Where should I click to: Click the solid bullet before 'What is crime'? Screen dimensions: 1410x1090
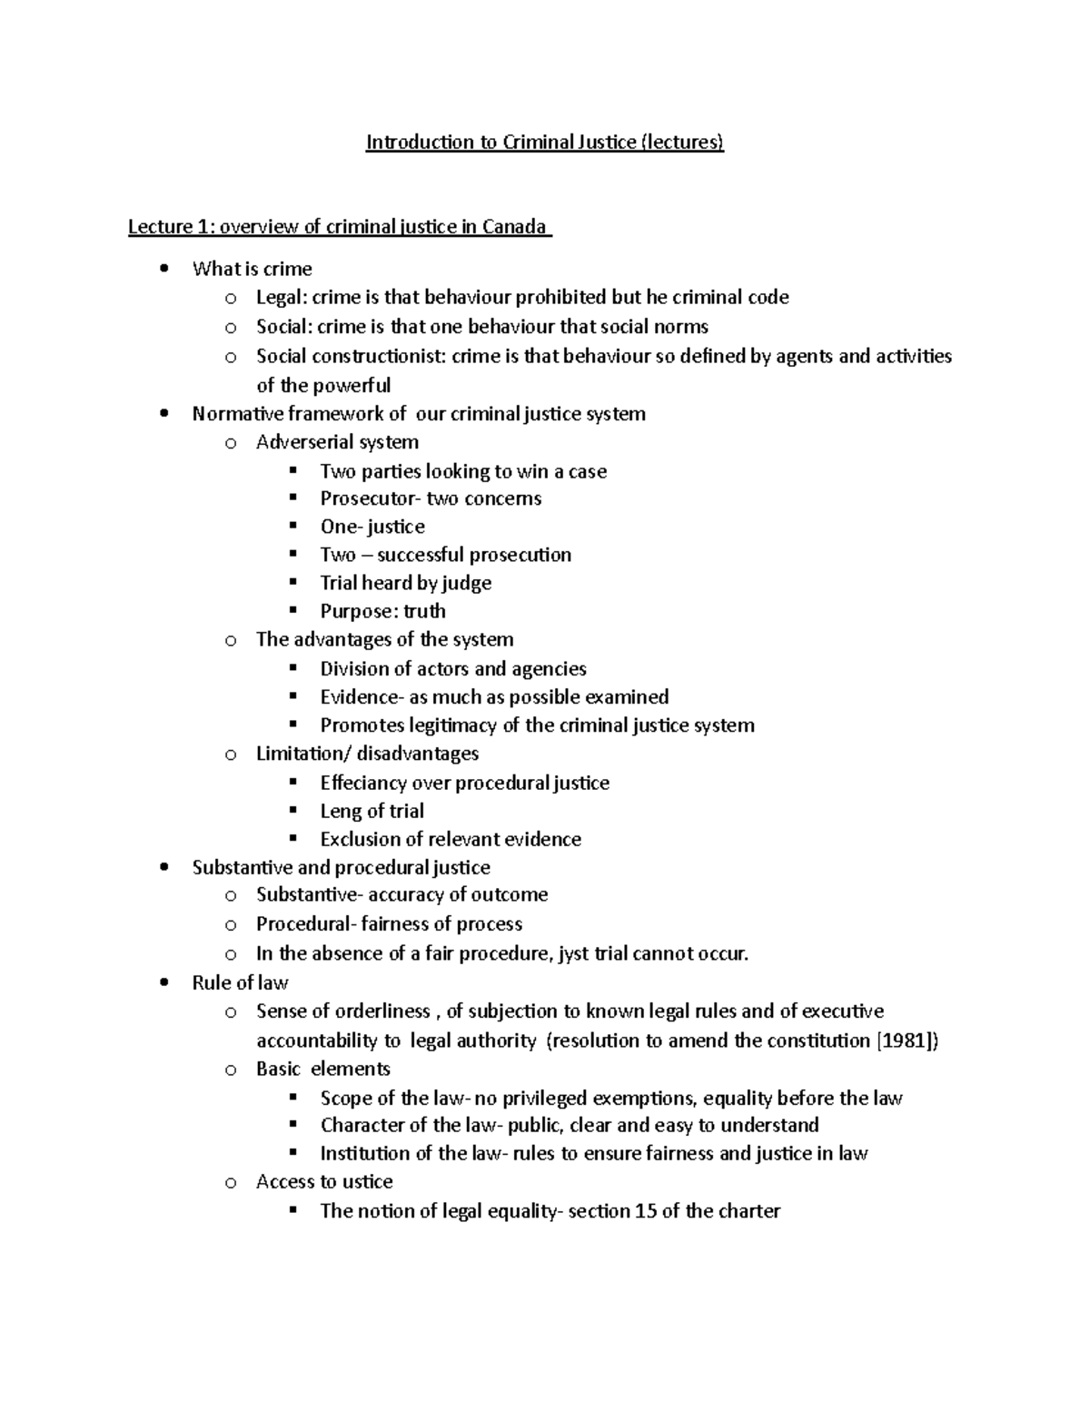(163, 269)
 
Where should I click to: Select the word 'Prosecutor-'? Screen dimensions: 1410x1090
(370, 499)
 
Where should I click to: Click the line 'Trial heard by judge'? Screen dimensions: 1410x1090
(405, 583)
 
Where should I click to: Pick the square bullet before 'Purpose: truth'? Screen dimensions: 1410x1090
(292, 611)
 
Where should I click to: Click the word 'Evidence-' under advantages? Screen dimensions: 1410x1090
(361, 697)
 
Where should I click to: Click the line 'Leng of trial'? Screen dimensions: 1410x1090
(372, 811)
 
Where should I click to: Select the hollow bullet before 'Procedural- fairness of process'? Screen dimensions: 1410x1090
(231, 925)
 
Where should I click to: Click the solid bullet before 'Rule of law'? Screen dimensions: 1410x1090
(163, 983)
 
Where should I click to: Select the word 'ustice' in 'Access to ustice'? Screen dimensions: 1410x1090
(368, 1182)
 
